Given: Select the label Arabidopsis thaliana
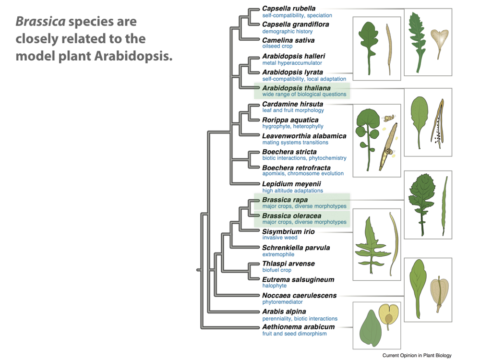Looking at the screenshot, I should pyautogui.click(x=296, y=88).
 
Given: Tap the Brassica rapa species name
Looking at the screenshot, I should pyautogui.click(x=285, y=200).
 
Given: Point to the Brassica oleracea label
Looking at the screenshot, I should pyautogui.click(x=292, y=216).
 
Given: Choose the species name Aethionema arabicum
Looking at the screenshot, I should pyautogui.click(x=298, y=327).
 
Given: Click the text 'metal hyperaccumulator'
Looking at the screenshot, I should pyautogui.click(x=285, y=63).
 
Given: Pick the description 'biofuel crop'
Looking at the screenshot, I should pyautogui.click(x=276, y=270).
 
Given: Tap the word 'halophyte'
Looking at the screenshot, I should pyautogui.click(x=274, y=286).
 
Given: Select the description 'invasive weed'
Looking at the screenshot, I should pyautogui.click(x=280, y=238).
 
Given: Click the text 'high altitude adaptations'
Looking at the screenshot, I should pyautogui.click(x=292, y=191).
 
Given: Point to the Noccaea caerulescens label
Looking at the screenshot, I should pyautogui.click(x=299, y=296).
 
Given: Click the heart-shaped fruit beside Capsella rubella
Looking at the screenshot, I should pyautogui.click(x=439, y=38).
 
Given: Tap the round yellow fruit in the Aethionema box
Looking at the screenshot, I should pyautogui.click(x=388, y=314).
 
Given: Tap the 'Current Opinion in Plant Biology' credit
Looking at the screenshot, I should pyautogui.click(x=417, y=356).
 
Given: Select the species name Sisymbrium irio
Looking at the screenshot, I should pyautogui.click(x=288, y=231).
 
